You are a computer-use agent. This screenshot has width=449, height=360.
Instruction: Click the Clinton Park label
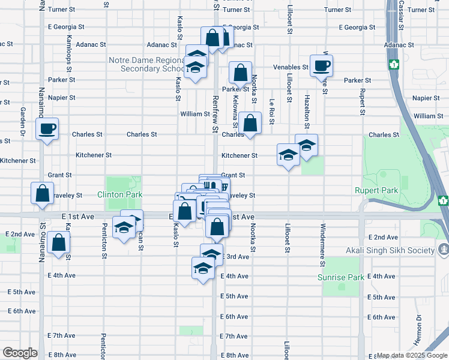pos(120,195)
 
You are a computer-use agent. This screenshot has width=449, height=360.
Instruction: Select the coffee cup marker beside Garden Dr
pos(46,128)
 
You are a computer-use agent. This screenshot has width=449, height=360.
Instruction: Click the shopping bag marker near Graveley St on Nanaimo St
pos(42,194)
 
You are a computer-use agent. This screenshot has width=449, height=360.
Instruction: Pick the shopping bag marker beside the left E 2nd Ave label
pos(58,243)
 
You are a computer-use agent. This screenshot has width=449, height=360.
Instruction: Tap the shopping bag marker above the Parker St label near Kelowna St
pos(240,73)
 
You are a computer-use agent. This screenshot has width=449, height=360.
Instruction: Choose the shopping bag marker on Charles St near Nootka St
pos(250,124)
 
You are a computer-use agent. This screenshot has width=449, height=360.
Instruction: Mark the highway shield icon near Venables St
pos(394,64)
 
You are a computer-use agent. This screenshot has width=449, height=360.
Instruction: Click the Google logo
pos(20,353)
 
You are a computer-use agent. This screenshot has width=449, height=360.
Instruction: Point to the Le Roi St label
pos(272,111)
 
